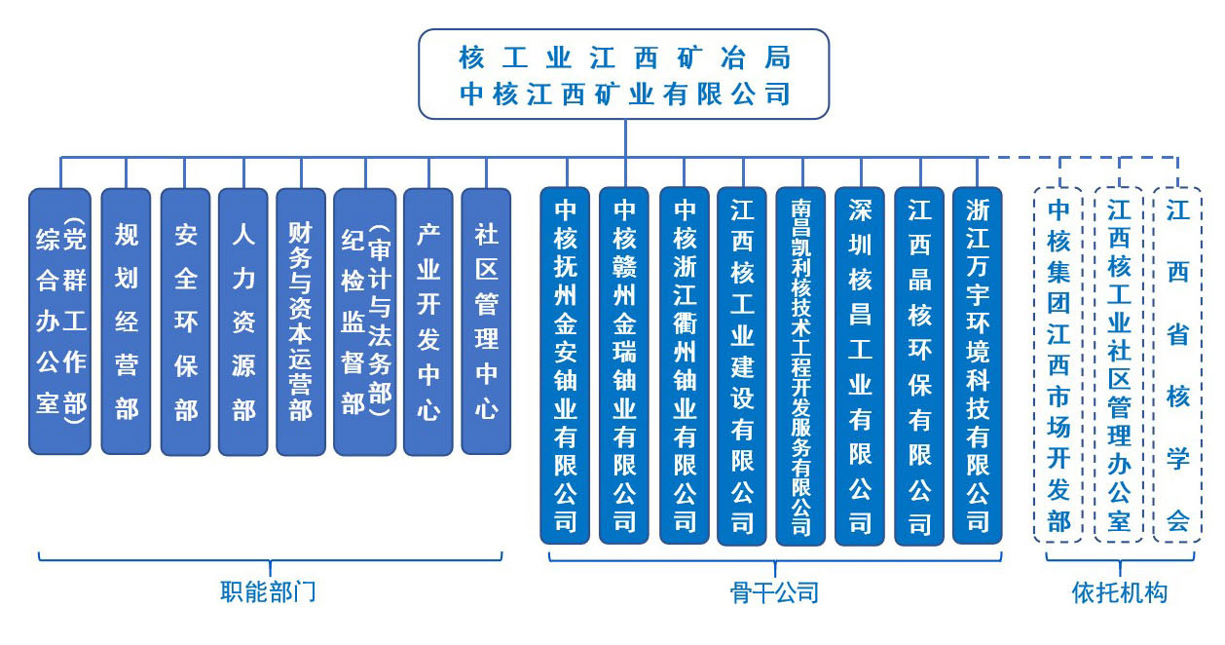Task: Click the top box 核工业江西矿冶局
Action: pos(624,74)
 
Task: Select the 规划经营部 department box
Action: pos(126,322)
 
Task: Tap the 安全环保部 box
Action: pos(185,322)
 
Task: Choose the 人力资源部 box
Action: pos(243,322)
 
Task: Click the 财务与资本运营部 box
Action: pos(301,322)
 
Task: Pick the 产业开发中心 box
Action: pos(428,322)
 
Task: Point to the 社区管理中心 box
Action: pos(486,322)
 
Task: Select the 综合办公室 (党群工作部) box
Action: pos(60,322)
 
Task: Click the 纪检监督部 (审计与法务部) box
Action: pos(365,322)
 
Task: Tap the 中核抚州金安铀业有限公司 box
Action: pos(565,365)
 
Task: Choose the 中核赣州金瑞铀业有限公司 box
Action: pos(624,365)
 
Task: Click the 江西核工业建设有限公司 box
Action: pos(742,366)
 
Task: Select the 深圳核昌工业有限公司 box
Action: pos(860,366)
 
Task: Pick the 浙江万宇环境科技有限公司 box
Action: pos(978,365)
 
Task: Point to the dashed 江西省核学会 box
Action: pos(1177,365)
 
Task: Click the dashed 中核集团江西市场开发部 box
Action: pos(1058,365)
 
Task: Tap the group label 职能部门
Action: pos(268,591)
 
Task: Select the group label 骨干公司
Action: pos(774,592)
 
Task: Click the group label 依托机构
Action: pos(1120,592)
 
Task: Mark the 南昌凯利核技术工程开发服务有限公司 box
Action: pos(800,366)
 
